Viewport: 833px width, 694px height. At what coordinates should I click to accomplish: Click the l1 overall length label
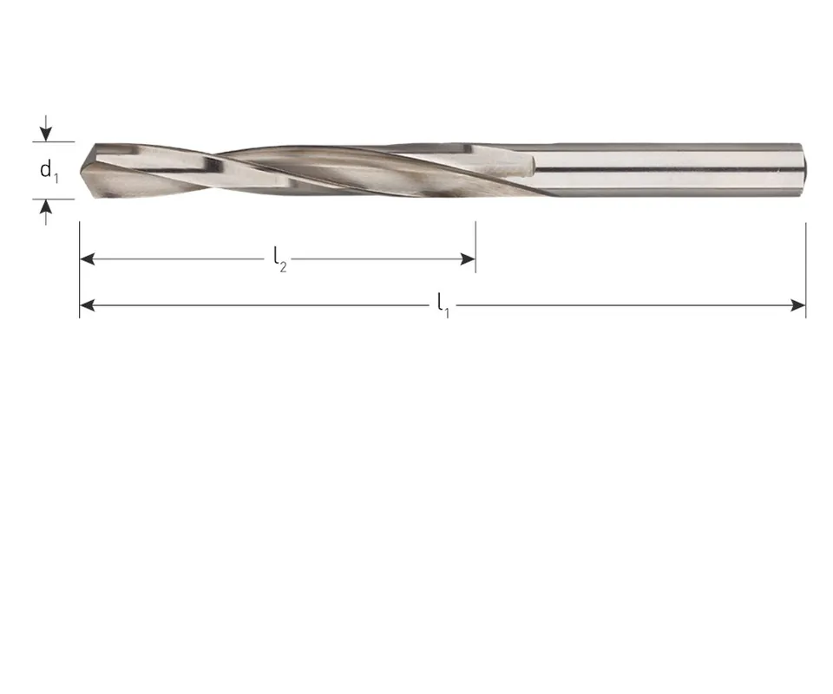pos(443,306)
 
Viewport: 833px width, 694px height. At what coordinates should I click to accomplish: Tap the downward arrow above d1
pos(46,128)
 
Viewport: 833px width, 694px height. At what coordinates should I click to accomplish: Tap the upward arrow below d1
pos(46,212)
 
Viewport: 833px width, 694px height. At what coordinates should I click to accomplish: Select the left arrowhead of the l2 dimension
pos(87,259)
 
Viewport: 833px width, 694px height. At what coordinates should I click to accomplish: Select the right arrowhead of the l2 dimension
pos(468,259)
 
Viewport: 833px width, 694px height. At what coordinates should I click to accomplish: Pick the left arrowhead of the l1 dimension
pos(87,305)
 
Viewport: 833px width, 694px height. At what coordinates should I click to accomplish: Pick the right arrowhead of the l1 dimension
pos(798,305)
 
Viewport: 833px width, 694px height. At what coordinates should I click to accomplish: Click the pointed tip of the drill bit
pos(82,170)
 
